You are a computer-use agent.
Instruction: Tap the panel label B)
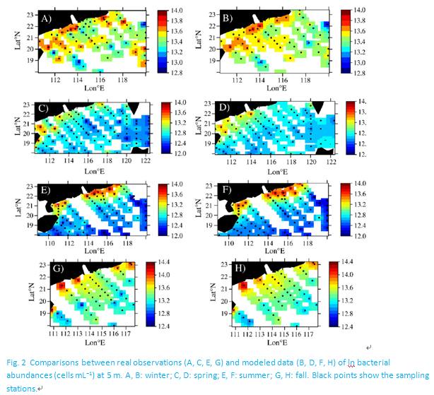228,16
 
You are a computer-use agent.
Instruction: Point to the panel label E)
47,190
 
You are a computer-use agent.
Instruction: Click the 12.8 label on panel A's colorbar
170,72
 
